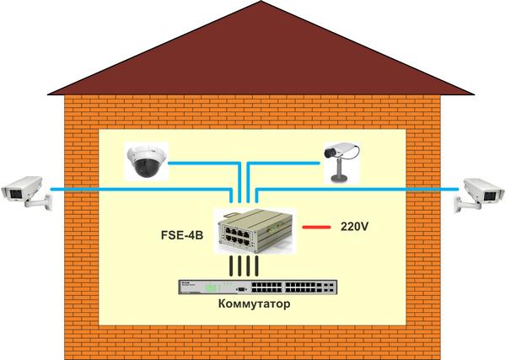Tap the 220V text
click(354, 227)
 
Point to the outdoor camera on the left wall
click(24, 191)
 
